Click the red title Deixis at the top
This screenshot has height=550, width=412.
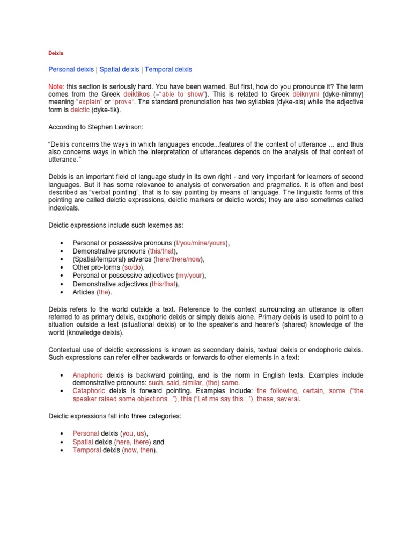click(56, 54)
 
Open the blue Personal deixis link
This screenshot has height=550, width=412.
click(71, 70)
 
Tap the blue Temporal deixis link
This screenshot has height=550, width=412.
click(168, 70)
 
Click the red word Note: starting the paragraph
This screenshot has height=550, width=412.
click(56, 86)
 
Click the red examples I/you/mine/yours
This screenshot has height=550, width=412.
click(201, 243)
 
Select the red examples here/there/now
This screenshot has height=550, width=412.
click(179, 259)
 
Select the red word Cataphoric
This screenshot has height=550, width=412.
click(89, 391)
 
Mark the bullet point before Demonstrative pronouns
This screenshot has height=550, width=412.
click(63, 251)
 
